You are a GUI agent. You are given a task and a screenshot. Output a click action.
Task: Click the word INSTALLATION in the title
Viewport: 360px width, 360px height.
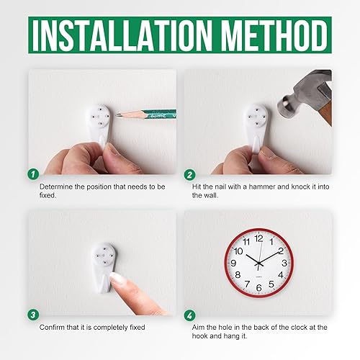click(x=122, y=34)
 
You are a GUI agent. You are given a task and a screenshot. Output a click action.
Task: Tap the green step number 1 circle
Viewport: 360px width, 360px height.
click(x=32, y=174)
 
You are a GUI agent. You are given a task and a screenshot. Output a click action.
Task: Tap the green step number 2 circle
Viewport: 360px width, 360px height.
click(x=190, y=174)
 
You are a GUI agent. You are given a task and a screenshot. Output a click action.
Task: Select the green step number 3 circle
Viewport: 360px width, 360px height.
click(x=32, y=314)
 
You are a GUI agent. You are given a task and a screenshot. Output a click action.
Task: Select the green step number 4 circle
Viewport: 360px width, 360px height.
click(x=190, y=314)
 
